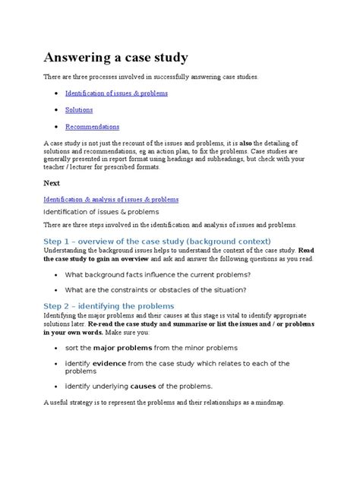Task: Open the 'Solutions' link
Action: (x=79, y=110)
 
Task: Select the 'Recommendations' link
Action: (x=92, y=127)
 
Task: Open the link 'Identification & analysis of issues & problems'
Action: (x=112, y=199)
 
